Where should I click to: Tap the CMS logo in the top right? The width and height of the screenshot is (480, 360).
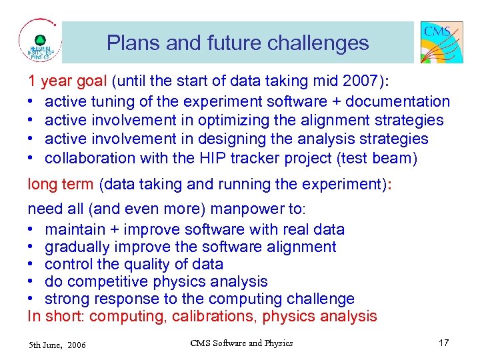pyautogui.click(x=441, y=42)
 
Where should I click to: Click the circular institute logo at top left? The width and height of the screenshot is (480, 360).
pyautogui.click(x=40, y=41)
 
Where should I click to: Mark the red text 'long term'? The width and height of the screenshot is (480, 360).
pyautogui.click(x=61, y=184)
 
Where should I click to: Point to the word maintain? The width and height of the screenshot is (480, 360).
pyautogui.click(x=74, y=229)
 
